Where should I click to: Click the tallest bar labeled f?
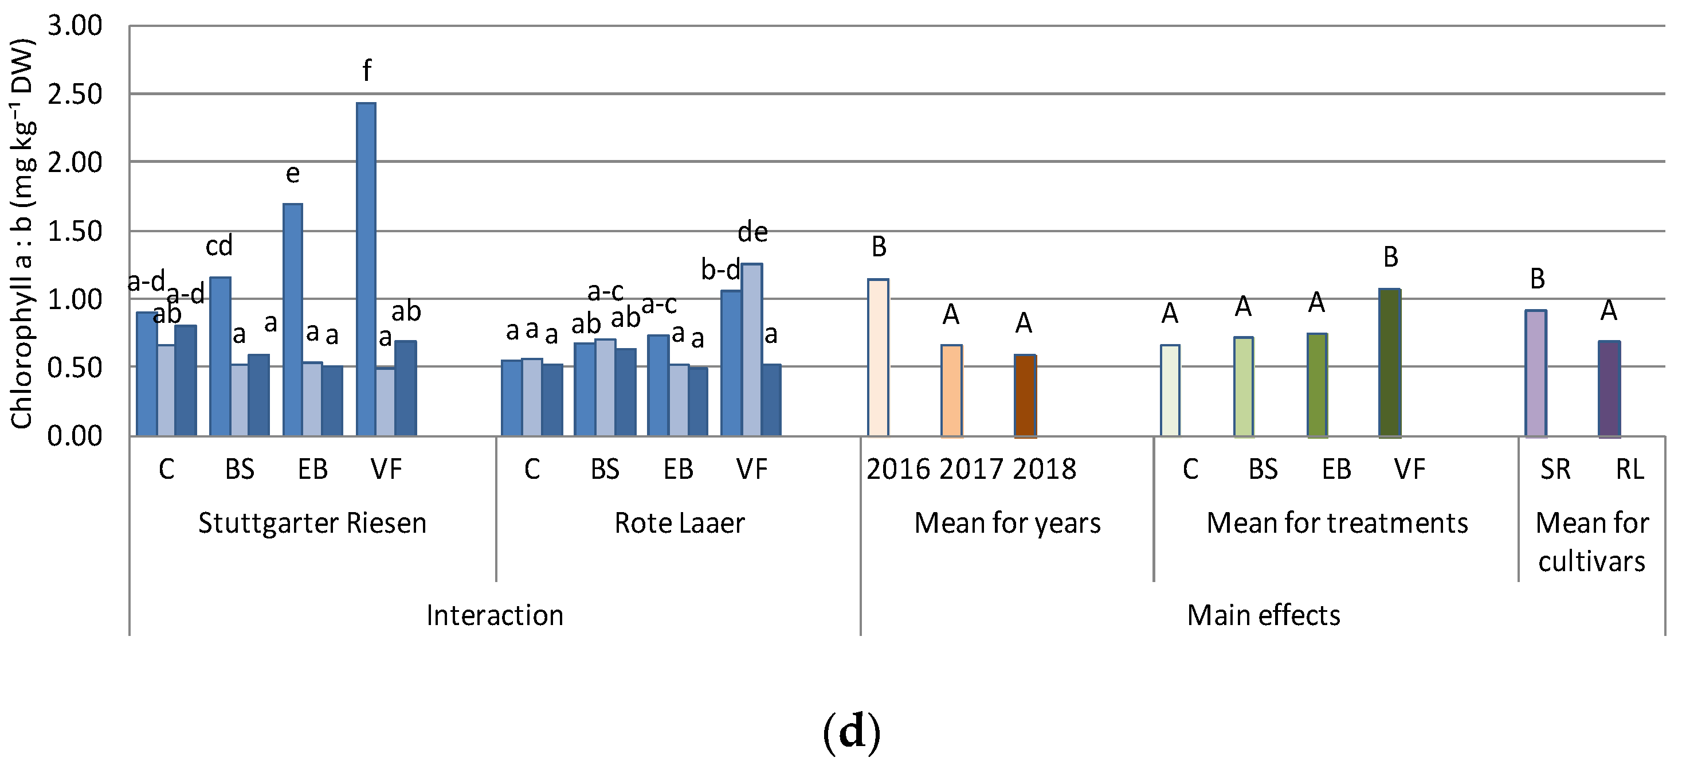click(x=366, y=268)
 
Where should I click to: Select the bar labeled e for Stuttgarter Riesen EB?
click(x=292, y=320)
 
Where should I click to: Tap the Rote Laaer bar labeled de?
click(x=751, y=350)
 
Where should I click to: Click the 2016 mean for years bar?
click(x=877, y=357)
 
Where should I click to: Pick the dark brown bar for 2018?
click(x=1025, y=395)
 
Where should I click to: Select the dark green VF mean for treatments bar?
click(x=1390, y=362)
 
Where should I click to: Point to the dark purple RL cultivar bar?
click(x=1609, y=389)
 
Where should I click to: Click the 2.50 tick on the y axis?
click(x=75, y=94)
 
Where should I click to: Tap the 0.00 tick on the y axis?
click(x=75, y=436)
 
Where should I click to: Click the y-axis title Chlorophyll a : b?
click(x=22, y=235)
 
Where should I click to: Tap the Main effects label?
click(x=1263, y=615)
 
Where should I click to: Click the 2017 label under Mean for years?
click(x=970, y=469)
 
